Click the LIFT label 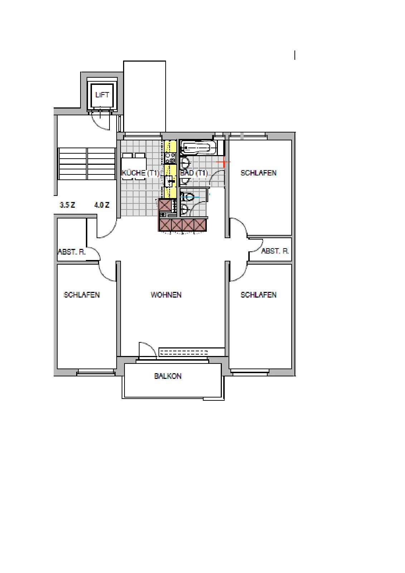[x=102, y=95]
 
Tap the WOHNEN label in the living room [x=166, y=295]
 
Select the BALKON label [x=168, y=376]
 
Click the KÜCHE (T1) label [x=140, y=173]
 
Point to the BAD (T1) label [x=194, y=173]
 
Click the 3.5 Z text [x=67, y=205]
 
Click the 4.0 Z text [x=102, y=205]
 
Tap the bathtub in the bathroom [x=198, y=148]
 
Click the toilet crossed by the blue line [x=187, y=197]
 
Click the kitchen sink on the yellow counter [x=170, y=181]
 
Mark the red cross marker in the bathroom [x=223, y=162]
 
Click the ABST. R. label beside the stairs [x=72, y=252]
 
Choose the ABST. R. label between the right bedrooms [x=275, y=251]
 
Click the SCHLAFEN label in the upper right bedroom [x=259, y=173]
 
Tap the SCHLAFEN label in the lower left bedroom [x=82, y=295]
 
